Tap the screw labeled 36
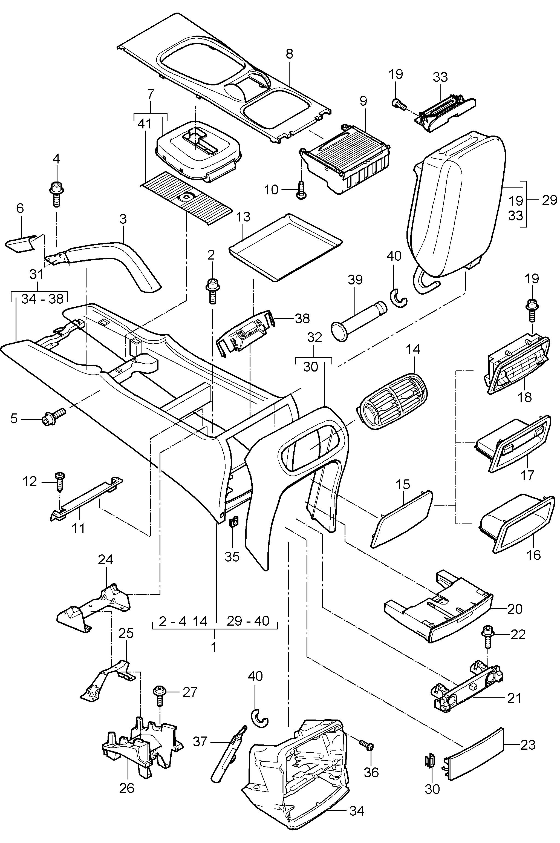coord(367,744)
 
